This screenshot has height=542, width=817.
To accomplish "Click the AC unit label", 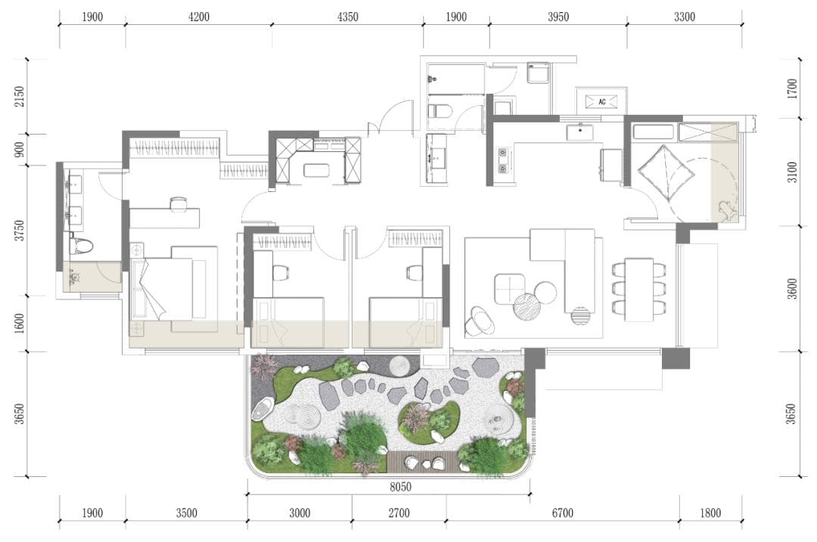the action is (602, 101).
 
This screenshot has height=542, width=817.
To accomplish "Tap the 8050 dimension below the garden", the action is (400, 487).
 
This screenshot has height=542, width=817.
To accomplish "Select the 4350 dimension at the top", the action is (347, 17).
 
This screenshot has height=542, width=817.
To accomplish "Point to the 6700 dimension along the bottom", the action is (562, 513).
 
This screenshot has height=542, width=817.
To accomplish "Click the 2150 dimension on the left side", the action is (19, 97).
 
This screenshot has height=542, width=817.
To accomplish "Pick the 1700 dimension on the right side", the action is (792, 88).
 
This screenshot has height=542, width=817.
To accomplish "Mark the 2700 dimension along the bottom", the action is (399, 513).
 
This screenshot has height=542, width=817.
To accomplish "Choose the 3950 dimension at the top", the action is (558, 17).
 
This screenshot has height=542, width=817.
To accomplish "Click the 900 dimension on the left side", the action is (19, 150).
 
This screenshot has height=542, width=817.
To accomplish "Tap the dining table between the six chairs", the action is (639, 290).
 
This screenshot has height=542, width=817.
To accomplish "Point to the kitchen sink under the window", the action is (579, 132).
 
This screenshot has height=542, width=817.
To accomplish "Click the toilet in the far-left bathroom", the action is (82, 245).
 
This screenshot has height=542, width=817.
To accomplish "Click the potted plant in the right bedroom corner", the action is (726, 210).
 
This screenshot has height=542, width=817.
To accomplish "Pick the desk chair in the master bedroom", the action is (178, 203).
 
